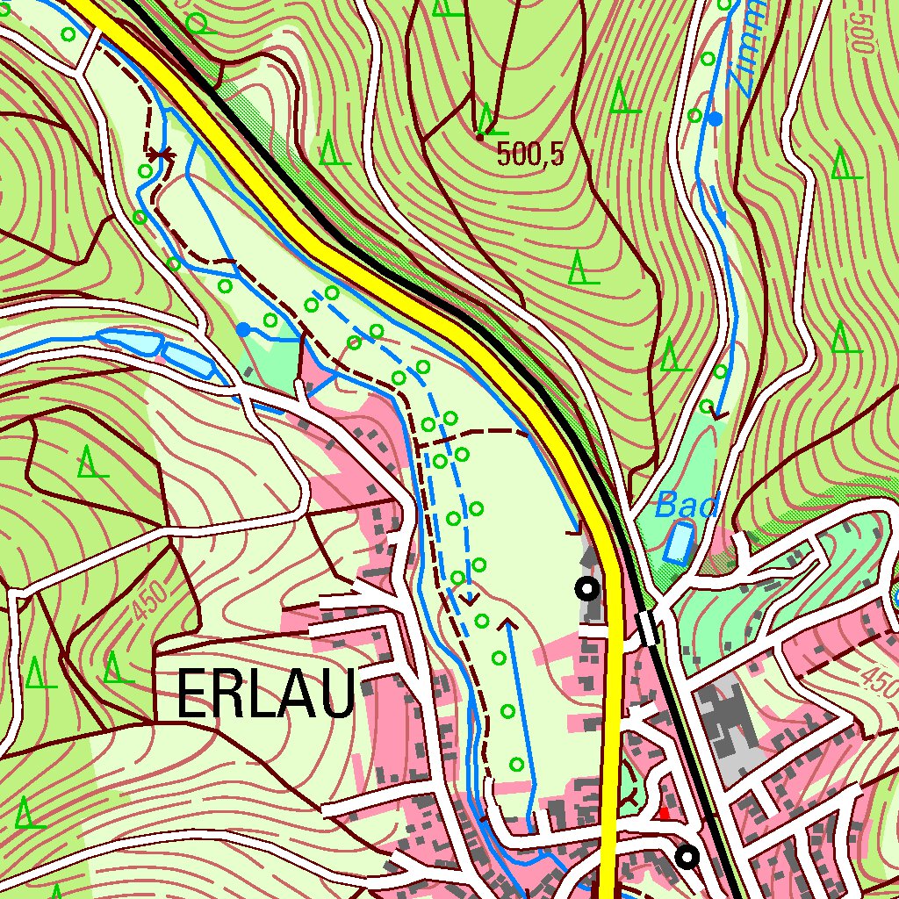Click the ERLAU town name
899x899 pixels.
(x=266, y=694)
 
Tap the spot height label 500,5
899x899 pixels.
(x=529, y=155)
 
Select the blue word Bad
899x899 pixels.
(x=687, y=506)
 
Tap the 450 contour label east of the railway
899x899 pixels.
(x=875, y=675)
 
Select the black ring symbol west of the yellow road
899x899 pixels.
(x=587, y=589)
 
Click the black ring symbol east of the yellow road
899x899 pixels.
(x=687, y=855)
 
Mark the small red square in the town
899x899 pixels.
(x=664, y=814)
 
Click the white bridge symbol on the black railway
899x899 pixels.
(x=648, y=629)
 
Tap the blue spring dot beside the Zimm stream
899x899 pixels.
(x=716, y=119)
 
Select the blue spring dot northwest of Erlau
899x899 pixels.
(x=243, y=329)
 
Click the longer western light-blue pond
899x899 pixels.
(x=130, y=341)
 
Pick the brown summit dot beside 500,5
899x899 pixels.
(x=480, y=136)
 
